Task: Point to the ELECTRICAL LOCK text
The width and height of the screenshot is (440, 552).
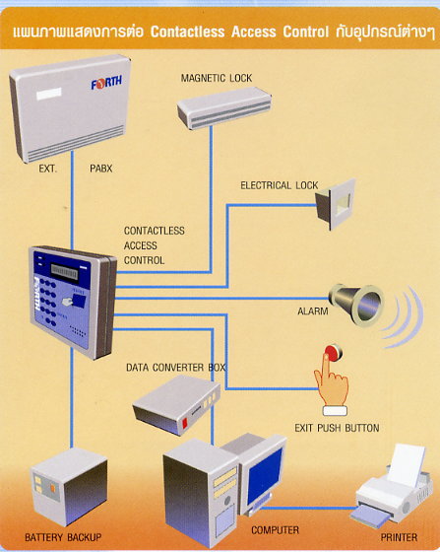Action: point(280,185)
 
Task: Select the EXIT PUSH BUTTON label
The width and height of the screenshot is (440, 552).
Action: point(337,428)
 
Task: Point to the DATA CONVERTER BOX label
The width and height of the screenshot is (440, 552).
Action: point(175,367)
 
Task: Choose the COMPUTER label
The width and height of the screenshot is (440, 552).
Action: point(276,530)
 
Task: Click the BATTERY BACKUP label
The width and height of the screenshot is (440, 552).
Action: point(63,538)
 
